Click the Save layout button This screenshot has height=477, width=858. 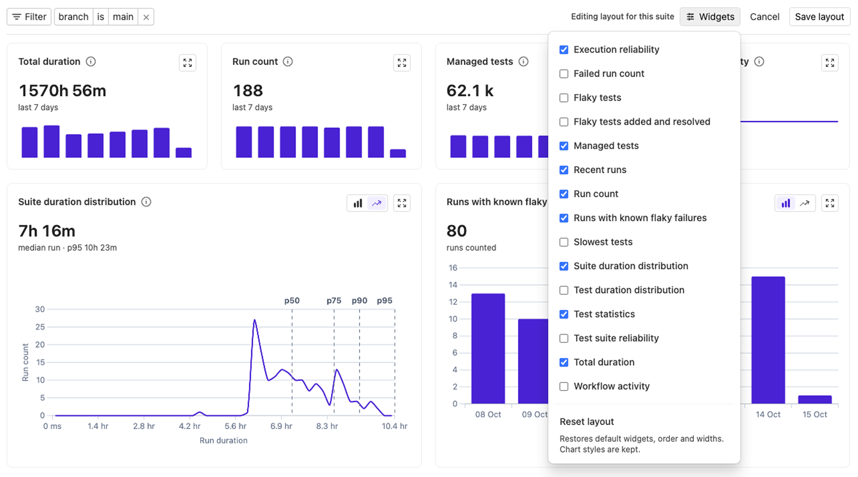point(819,17)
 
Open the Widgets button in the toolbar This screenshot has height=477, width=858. point(710,17)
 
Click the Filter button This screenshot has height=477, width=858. point(29,17)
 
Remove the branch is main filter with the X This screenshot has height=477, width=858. point(146,17)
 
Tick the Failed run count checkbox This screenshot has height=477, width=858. point(564,73)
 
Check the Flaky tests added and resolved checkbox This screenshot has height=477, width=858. point(564,122)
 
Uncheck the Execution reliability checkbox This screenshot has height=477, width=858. point(564,49)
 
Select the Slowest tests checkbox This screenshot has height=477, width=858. point(564,242)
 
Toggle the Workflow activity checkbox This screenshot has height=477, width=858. point(564,386)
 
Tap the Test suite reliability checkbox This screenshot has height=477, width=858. point(564,338)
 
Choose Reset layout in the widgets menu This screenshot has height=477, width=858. point(587,422)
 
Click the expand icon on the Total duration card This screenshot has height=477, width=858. point(188,63)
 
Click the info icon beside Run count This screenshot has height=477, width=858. point(288,61)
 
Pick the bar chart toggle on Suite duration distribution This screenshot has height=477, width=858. point(358,203)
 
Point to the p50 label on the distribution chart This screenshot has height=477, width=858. point(292,301)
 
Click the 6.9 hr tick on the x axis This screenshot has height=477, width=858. point(281,426)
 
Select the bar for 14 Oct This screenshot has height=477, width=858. point(768,340)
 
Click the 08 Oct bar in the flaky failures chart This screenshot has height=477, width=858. point(488,348)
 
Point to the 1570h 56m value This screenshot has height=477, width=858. point(62,91)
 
